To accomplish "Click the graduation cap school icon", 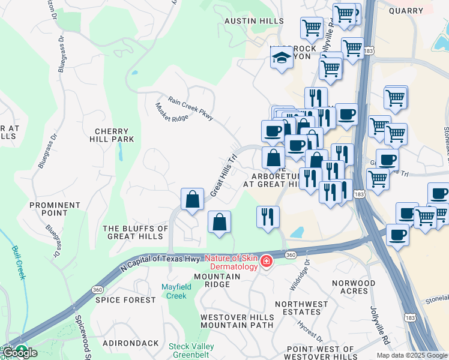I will tap(280, 58).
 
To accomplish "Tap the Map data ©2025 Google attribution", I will tap(412, 355).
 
